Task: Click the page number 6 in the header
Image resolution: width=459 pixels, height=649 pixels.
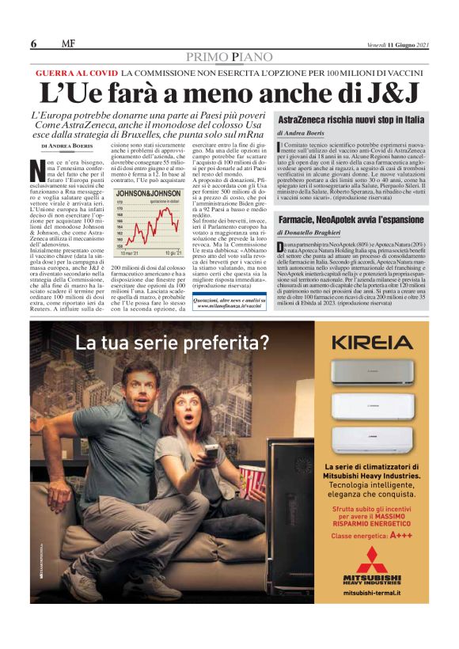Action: tap(34, 43)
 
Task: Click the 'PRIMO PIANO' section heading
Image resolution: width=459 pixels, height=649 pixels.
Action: tap(229, 57)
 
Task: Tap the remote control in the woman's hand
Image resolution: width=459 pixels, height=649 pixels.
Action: tap(211, 451)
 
